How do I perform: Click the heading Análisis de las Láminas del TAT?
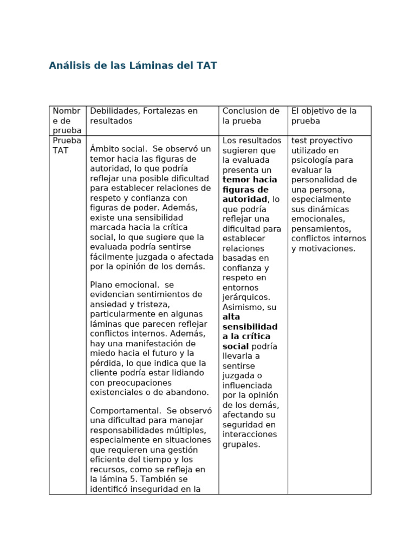click(x=133, y=66)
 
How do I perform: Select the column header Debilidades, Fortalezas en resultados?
click(x=144, y=116)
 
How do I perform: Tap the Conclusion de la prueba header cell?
click(x=251, y=116)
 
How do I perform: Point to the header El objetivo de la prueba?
click(x=324, y=116)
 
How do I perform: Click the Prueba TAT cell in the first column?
click(x=67, y=146)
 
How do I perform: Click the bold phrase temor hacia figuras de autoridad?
click(x=249, y=189)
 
